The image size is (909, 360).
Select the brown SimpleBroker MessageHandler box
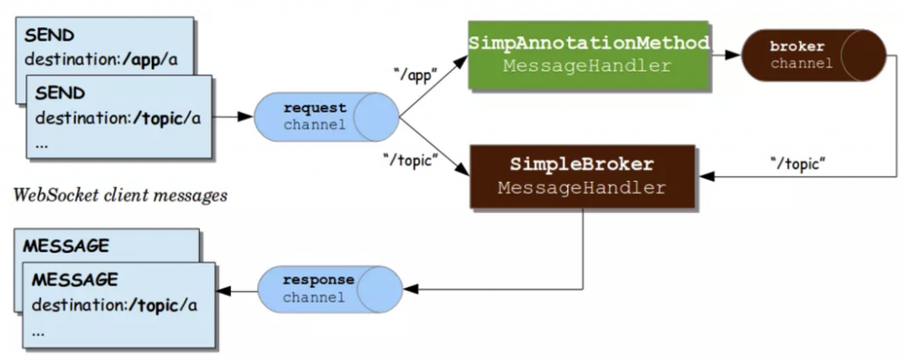point(582,176)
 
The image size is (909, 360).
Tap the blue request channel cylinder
point(328,116)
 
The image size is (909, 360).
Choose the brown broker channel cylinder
point(812,55)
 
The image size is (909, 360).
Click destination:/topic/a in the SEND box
point(117,118)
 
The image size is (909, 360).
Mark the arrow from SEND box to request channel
point(235,116)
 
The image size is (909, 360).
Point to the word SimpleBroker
point(583,166)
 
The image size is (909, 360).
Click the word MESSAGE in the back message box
point(65,246)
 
